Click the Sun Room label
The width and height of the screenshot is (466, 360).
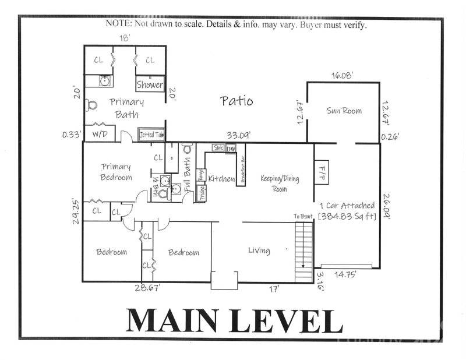[344, 111]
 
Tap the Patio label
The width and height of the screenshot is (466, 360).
[236, 101]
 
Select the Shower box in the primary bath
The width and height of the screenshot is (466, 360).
[150, 84]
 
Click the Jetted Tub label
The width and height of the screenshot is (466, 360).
[151, 135]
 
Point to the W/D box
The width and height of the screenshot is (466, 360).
[100, 135]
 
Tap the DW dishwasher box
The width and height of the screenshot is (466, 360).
[231, 149]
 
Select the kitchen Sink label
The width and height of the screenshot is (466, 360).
[218, 148]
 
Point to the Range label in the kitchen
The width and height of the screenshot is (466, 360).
[202, 174]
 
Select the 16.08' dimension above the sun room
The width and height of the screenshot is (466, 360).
[343, 75]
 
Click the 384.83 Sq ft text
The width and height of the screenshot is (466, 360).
[347, 217]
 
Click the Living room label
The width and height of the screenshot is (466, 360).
[259, 250]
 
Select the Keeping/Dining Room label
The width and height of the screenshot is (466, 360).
[280, 183]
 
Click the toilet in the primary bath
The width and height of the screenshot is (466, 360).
[90, 105]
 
